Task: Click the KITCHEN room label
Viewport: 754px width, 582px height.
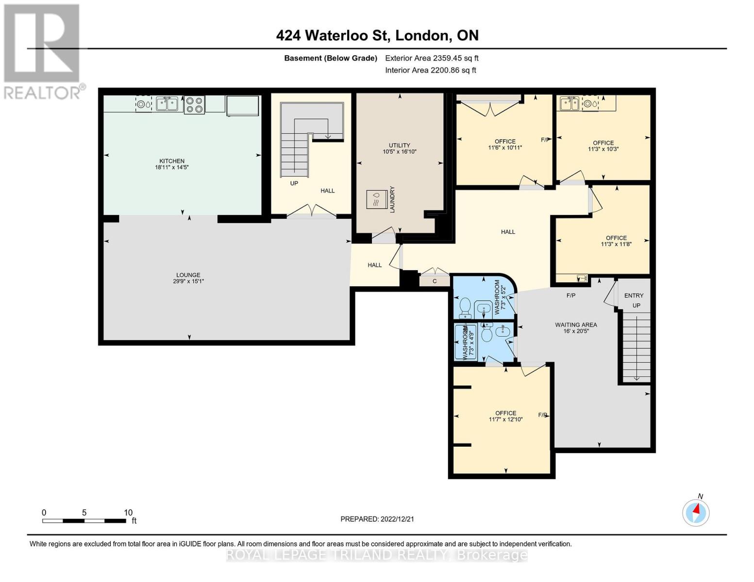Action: [172, 161]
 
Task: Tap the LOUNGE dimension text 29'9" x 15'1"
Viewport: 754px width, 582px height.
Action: [188, 281]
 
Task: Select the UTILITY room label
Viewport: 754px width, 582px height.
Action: [399, 145]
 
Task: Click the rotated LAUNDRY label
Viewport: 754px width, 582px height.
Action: [392, 199]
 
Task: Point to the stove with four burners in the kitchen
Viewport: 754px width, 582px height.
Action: [194, 105]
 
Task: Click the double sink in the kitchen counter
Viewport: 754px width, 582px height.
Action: [167, 104]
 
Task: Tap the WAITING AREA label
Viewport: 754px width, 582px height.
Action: [576, 325]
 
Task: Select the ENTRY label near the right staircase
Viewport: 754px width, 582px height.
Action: [634, 295]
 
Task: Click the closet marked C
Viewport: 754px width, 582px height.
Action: [435, 281]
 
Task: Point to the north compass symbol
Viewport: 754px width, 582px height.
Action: [696, 512]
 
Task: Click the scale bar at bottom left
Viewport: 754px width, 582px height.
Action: [84, 521]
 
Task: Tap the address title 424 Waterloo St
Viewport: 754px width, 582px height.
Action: [377, 35]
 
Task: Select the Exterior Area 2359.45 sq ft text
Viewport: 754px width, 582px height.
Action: [432, 58]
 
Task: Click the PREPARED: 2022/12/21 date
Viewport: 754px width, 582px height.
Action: [377, 519]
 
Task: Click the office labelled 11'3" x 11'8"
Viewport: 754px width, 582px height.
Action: [616, 241]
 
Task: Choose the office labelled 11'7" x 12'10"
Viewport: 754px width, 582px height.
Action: [505, 416]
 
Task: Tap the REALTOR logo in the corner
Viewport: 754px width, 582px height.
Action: [42, 51]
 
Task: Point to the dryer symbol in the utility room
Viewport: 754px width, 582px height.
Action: [375, 199]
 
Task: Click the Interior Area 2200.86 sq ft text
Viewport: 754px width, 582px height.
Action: [430, 70]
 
